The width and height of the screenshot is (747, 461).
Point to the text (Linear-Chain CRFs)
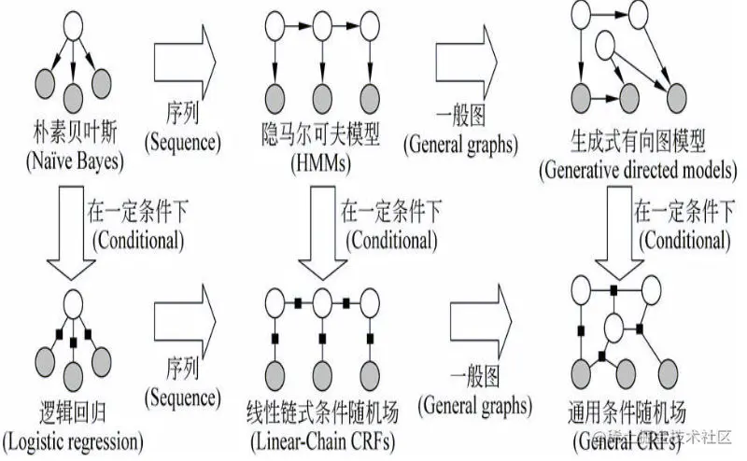(321, 440)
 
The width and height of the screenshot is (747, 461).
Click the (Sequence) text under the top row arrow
(182, 144)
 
